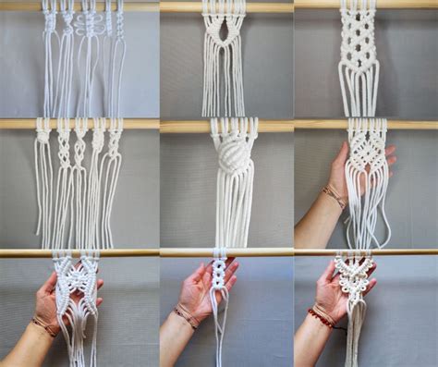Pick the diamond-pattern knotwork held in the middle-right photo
367,153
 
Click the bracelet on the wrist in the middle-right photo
333,196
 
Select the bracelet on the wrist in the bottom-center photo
185,316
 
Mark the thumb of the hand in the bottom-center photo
197,275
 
